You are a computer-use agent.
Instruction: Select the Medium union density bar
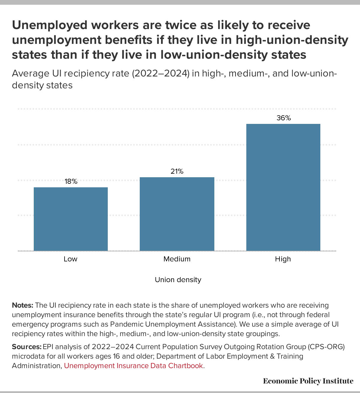point(177,214)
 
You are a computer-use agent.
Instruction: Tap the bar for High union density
point(283,187)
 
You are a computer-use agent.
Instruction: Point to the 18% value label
point(71,181)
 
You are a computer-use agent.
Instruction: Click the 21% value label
point(177,171)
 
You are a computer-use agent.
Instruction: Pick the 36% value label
point(284,118)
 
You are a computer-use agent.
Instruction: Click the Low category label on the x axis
point(70,259)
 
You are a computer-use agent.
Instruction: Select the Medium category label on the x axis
point(177,259)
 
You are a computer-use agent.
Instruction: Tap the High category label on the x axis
point(283,259)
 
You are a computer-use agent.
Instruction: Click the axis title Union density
point(178,280)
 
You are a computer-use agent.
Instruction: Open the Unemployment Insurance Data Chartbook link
point(134,366)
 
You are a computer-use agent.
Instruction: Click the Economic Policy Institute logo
point(308,381)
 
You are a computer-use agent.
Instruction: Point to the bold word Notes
point(22,305)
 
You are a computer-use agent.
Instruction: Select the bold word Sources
point(27,347)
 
